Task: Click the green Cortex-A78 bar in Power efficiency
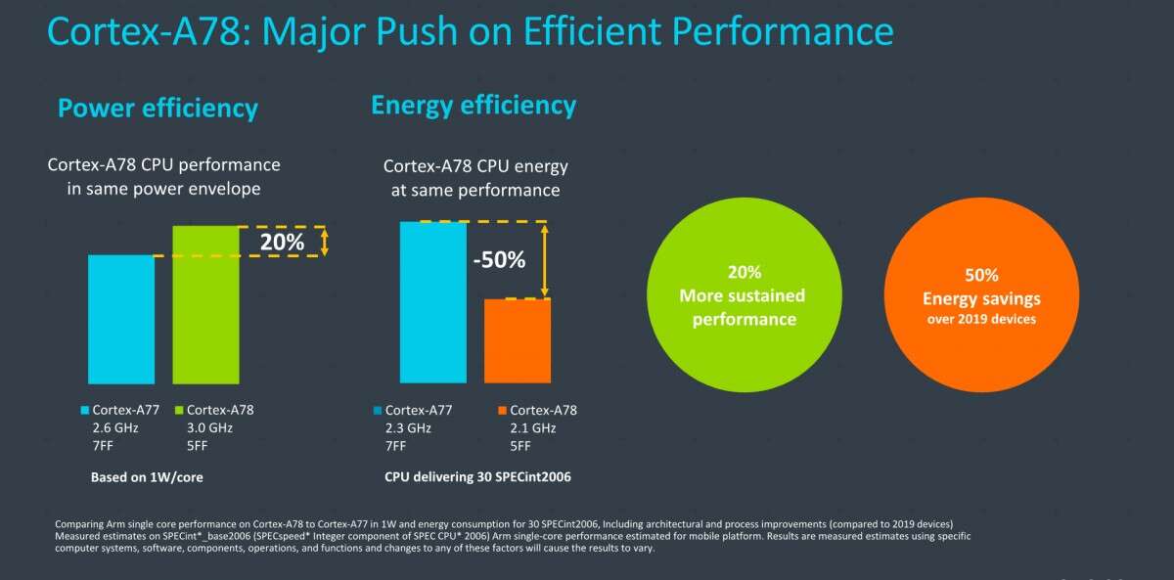pos(205,304)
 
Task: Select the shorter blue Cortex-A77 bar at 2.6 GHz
pos(121,319)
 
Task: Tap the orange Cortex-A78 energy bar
pos(518,340)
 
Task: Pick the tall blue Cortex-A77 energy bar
pos(432,301)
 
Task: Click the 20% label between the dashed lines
pos(281,241)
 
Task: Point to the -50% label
pos(500,260)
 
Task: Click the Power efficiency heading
pos(158,108)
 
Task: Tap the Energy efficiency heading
pos(474,105)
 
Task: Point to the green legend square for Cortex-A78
pos(178,411)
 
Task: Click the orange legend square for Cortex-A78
pos(502,411)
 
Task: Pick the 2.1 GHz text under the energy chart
pos(533,428)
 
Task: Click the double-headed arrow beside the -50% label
pos(545,259)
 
